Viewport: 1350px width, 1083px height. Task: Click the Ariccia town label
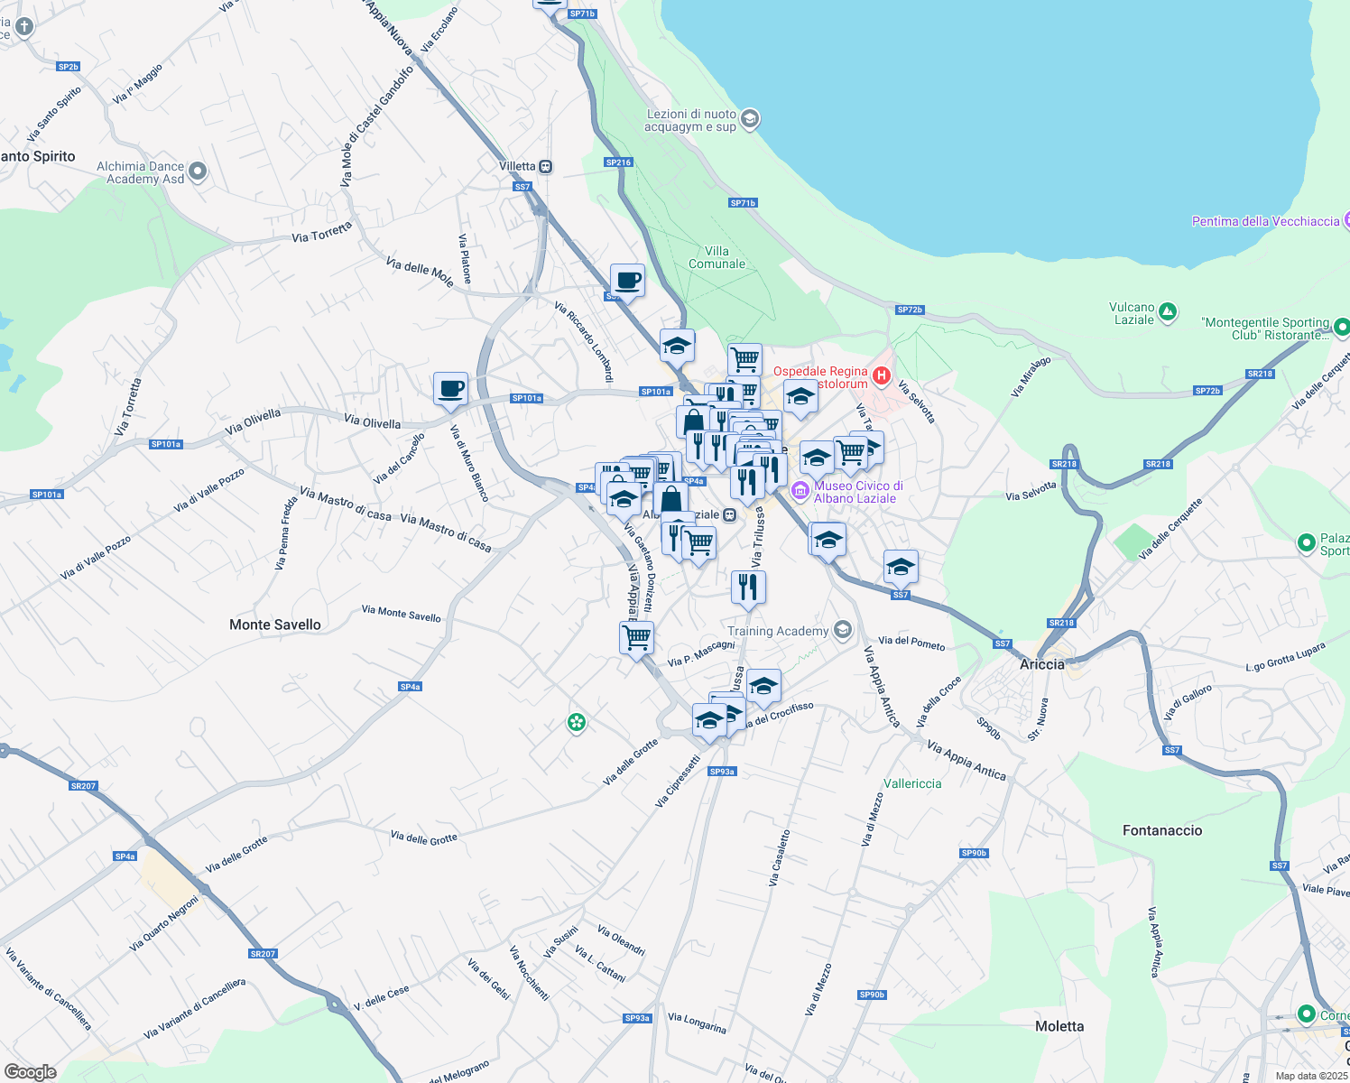click(x=1041, y=664)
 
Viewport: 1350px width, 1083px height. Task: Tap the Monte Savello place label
click(x=274, y=625)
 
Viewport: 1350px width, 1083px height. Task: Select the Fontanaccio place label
click(x=1162, y=830)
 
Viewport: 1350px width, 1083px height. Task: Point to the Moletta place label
click(x=1059, y=1026)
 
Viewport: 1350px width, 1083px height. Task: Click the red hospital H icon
click(x=882, y=375)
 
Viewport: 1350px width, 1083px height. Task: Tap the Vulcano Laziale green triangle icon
click(x=1168, y=312)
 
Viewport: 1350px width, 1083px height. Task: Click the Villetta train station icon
click(x=545, y=167)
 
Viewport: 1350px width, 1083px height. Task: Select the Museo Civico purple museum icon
click(x=800, y=491)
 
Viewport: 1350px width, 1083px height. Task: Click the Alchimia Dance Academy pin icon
click(x=199, y=171)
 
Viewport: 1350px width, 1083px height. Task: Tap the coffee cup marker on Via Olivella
click(x=450, y=389)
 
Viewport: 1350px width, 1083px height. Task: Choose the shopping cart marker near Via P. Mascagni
click(x=636, y=637)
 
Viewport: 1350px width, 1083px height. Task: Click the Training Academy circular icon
click(x=843, y=630)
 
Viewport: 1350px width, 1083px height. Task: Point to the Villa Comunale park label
click(x=717, y=257)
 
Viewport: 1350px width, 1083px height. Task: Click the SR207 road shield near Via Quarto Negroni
click(x=263, y=954)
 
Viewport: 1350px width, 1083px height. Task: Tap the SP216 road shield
click(x=619, y=162)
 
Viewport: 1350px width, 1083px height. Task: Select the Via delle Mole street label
click(x=420, y=271)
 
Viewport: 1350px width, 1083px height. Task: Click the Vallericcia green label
click(x=912, y=783)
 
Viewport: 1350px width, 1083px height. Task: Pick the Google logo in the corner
click(x=30, y=1072)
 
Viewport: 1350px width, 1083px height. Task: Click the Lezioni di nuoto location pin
click(x=750, y=119)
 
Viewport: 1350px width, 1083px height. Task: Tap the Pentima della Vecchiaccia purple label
click(x=1265, y=221)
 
